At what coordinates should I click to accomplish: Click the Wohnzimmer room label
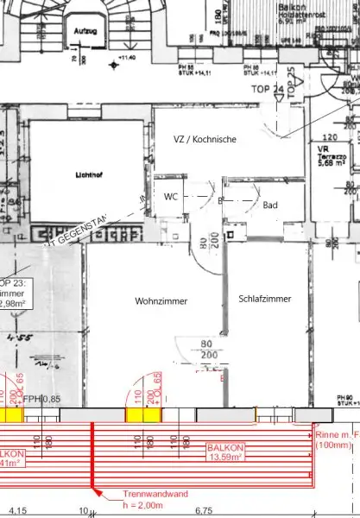pos(161,301)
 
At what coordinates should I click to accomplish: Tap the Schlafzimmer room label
pos(265,299)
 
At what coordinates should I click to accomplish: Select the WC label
pos(171,197)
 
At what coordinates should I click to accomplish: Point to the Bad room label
pos(270,205)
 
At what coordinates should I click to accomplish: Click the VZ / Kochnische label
pos(204,139)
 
